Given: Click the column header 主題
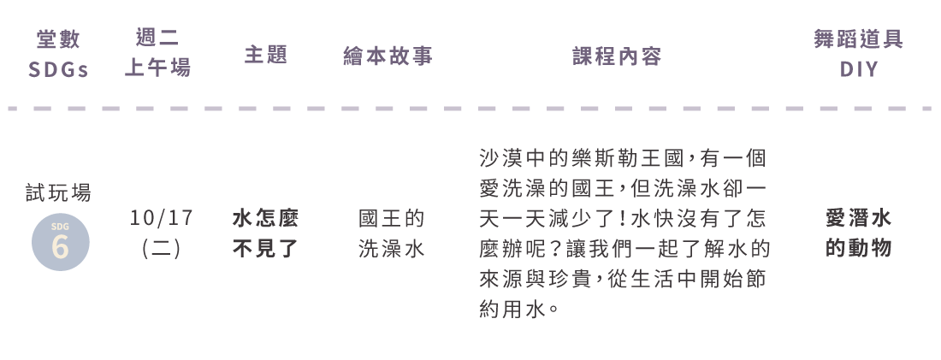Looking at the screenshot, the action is (x=266, y=56).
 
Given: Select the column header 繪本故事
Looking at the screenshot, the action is (x=388, y=56).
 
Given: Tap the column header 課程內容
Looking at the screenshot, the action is (x=617, y=56).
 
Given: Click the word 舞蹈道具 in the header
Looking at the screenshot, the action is (x=859, y=39).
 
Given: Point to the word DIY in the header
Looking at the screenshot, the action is (x=859, y=69).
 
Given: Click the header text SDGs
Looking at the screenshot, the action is (x=58, y=70).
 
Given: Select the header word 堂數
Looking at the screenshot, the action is (x=58, y=39).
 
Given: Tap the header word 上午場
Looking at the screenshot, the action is (x=158, y=68).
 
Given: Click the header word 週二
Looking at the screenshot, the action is (x=158, y=38).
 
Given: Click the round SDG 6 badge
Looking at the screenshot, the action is (x=61, y=242).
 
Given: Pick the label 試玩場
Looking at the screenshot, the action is (x=59, y=192).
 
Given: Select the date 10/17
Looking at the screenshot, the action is (x=162, y=218).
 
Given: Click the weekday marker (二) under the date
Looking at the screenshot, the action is (x=162, y=248).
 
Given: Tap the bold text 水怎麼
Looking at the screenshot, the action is (x=266, y=218).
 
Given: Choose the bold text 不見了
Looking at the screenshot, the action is (x=266, y=248).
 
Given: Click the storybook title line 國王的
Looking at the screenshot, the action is (x=391, y=218).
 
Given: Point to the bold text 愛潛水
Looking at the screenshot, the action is (x=859, y=218).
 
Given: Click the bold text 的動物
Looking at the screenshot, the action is (x=859, y=248).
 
